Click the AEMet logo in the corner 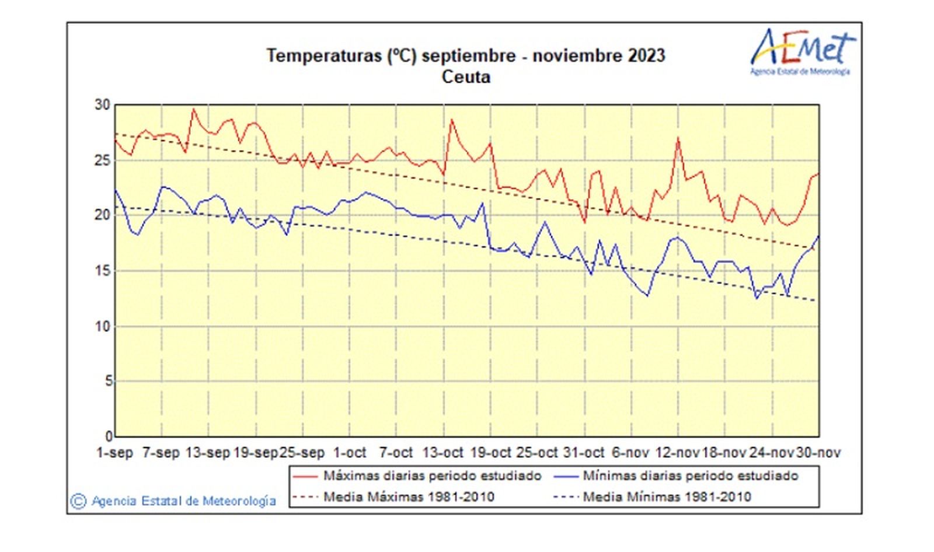click(801, 51)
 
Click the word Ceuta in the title click(466, 77)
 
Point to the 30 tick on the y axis click(102, 105)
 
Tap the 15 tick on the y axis click(102, 271)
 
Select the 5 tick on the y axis click(108, 382)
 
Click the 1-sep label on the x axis click(114, 453)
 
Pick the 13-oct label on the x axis click(442, 453)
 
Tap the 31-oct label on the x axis click(583, 453)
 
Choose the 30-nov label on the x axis click(818, 453)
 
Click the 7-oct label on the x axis click(396, 453)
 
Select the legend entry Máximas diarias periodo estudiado click(432, 476)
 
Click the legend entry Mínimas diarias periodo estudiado click(690, 476)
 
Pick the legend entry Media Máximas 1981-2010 click(409, 497)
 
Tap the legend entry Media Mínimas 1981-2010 click(667, 497)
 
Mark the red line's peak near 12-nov click(678, 138)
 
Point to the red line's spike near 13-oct click(451, 120)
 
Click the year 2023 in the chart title click(646, 56)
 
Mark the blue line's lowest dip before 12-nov click(647, 296)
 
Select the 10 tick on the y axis click(102, 326)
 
